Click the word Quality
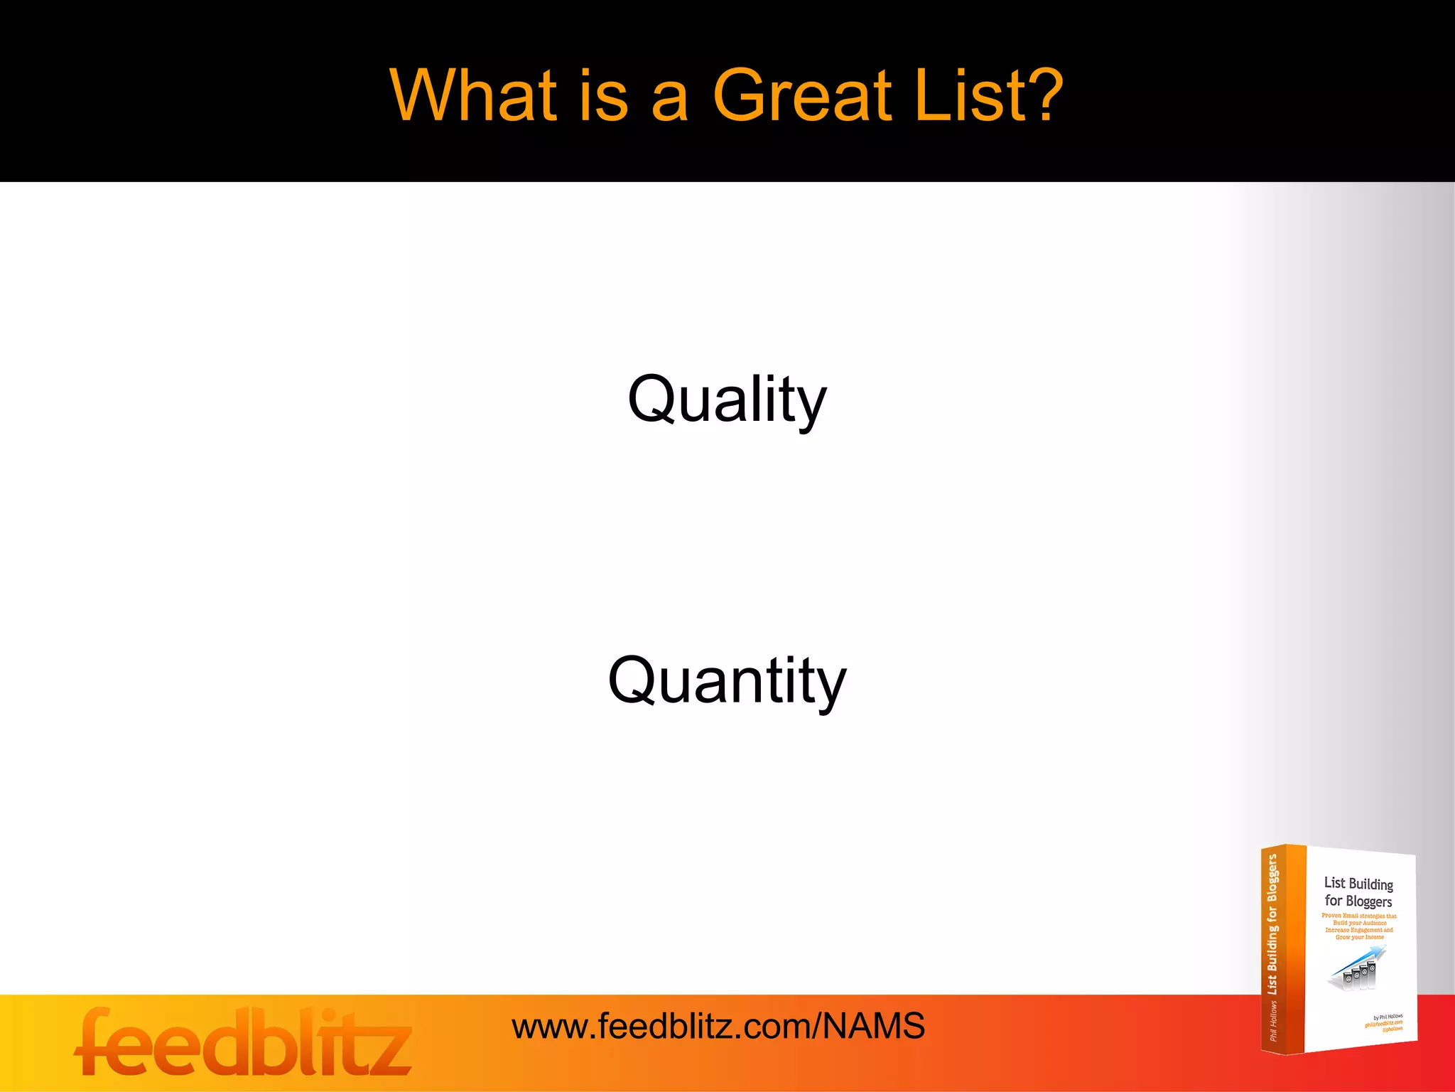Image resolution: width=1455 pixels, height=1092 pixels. pyautogui.click(x=727, y=400)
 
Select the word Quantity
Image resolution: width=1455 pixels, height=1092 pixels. pyautogui.click(x=727, y=681)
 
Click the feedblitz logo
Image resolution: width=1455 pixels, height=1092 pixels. pyautogui.click(x=243, y=1042)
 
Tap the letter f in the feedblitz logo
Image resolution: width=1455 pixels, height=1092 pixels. pyautogui.click(x=96, y=1042)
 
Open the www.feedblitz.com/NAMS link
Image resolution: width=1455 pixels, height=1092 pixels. pyautogui.click(x=718, y=1027)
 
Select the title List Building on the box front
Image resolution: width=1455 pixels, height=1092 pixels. pyautogui.click(x=1358, y=884)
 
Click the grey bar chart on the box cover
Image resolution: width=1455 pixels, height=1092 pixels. pyautogui.click(x=1357, y=977)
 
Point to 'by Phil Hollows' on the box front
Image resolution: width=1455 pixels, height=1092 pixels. pyautogui.click(x=1388, y=1017)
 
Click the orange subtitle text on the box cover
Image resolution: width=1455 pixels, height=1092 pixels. pyautogui.click(x=1359, y=926)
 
